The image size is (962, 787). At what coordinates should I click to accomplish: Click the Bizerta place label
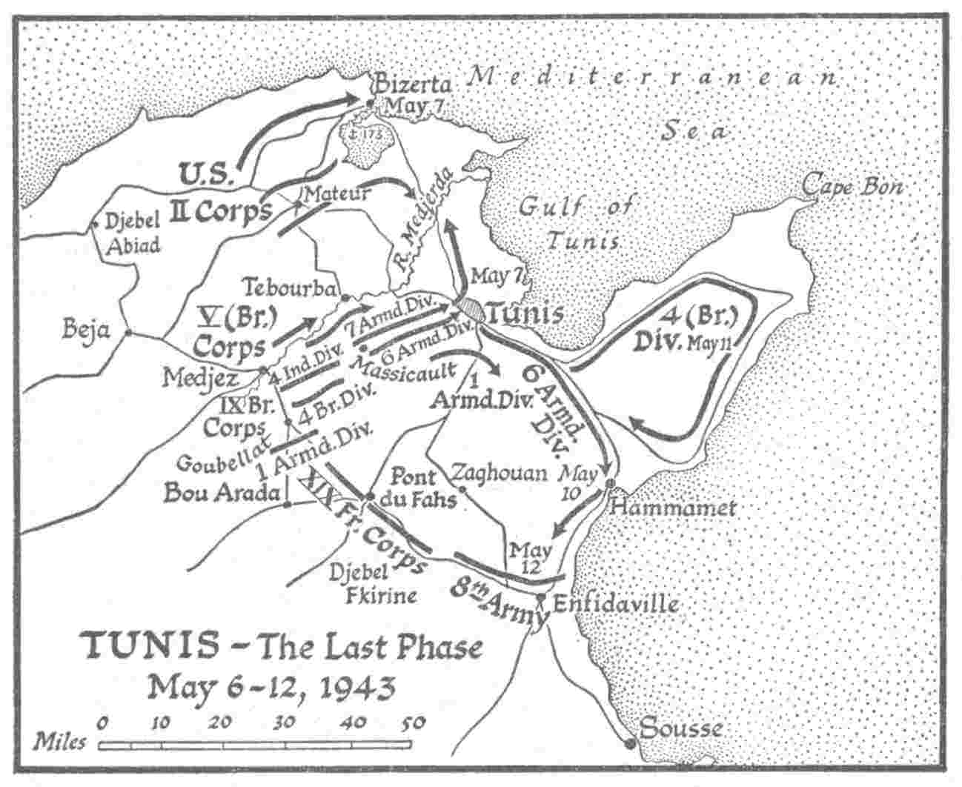tap(410, 84)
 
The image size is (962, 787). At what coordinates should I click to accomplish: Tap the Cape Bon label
tap(852, 185)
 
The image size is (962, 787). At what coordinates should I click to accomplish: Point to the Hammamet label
tap(674, 508)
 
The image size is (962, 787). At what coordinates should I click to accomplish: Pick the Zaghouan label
tap(499, 473)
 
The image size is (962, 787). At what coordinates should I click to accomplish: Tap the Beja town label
tap(86, 328)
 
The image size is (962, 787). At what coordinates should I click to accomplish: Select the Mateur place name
tap(337, 194)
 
